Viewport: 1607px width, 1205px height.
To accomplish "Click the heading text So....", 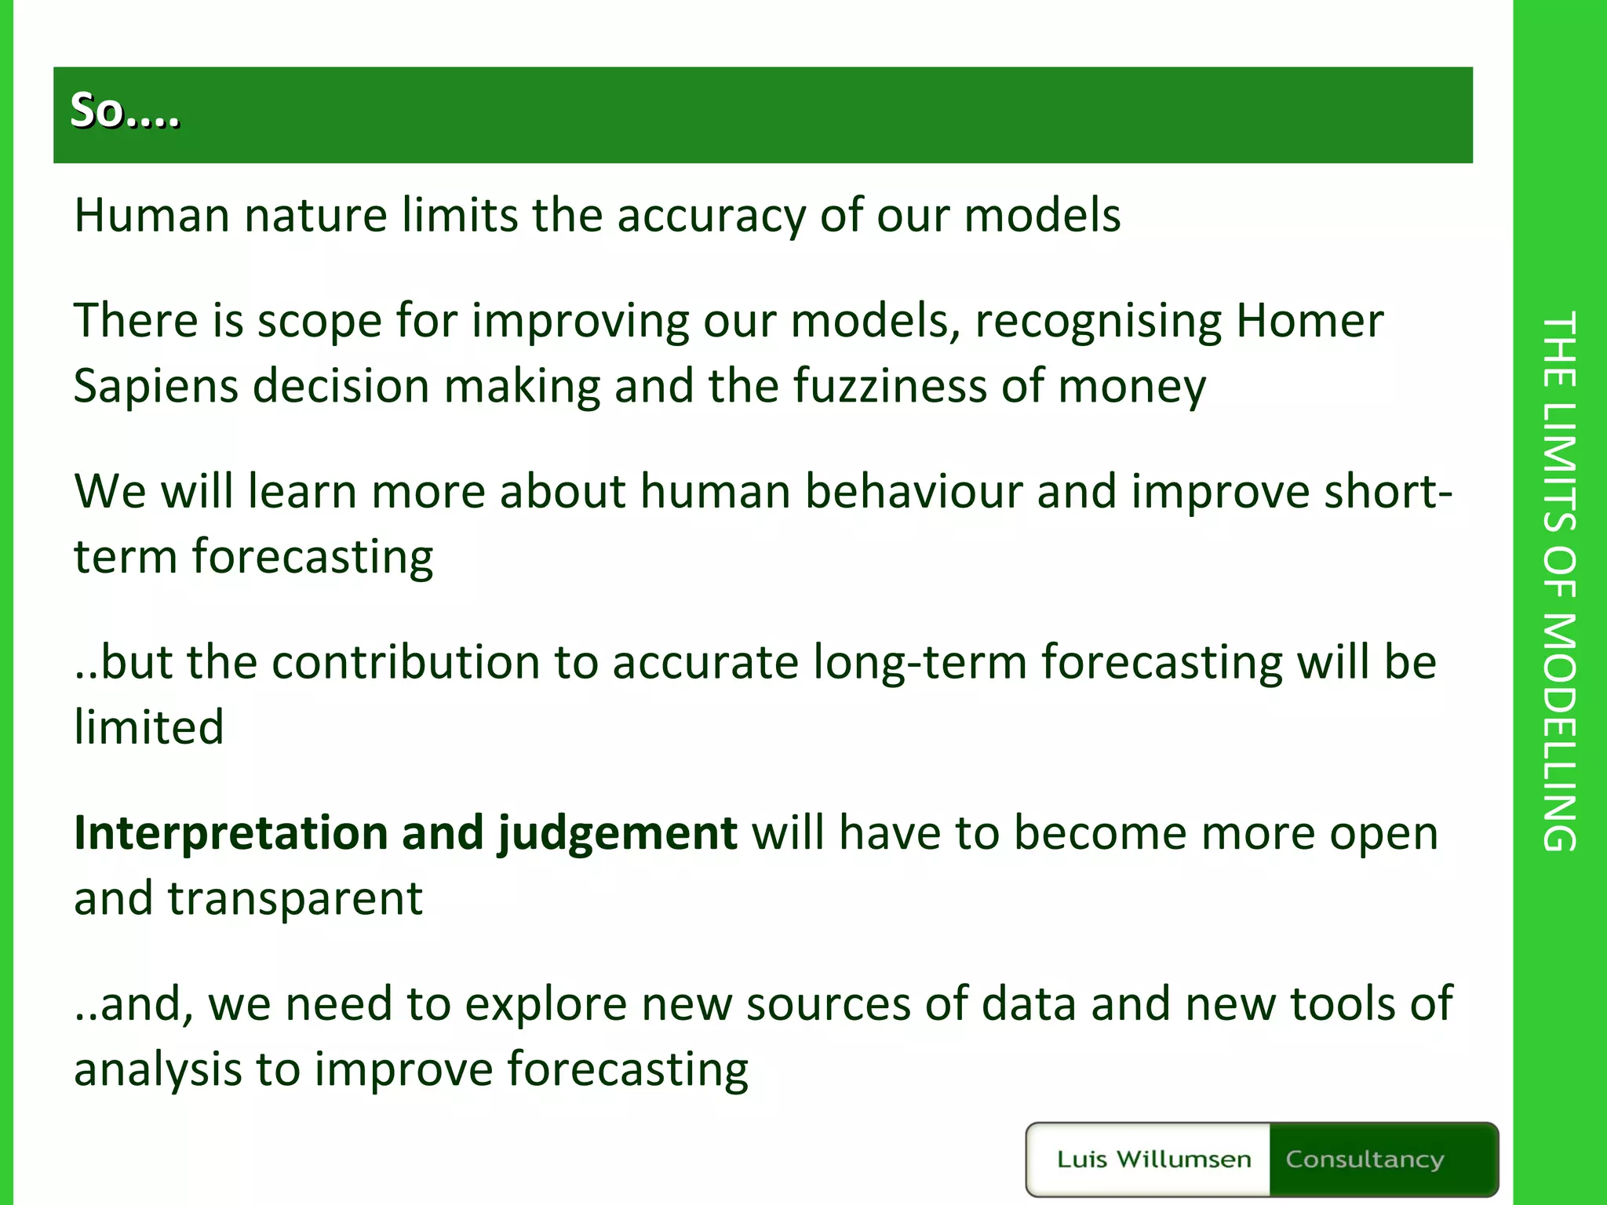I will pos(124,111).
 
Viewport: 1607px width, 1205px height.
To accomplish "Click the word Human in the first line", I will pos(151,215).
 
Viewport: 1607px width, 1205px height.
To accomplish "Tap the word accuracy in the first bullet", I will pos(710,217).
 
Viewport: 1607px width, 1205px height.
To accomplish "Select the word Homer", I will pos(1309,321).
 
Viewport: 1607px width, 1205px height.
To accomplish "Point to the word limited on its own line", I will pos(149,726).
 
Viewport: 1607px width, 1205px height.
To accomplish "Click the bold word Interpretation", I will pos(230,833).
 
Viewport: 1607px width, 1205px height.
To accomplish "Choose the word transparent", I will pos(295,898).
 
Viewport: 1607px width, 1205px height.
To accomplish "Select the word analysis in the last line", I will pos(158,1070).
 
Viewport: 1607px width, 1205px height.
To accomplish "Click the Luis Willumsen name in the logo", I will pos(1153,1159).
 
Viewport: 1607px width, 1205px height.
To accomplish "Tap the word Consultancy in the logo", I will pos(1365,1159).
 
